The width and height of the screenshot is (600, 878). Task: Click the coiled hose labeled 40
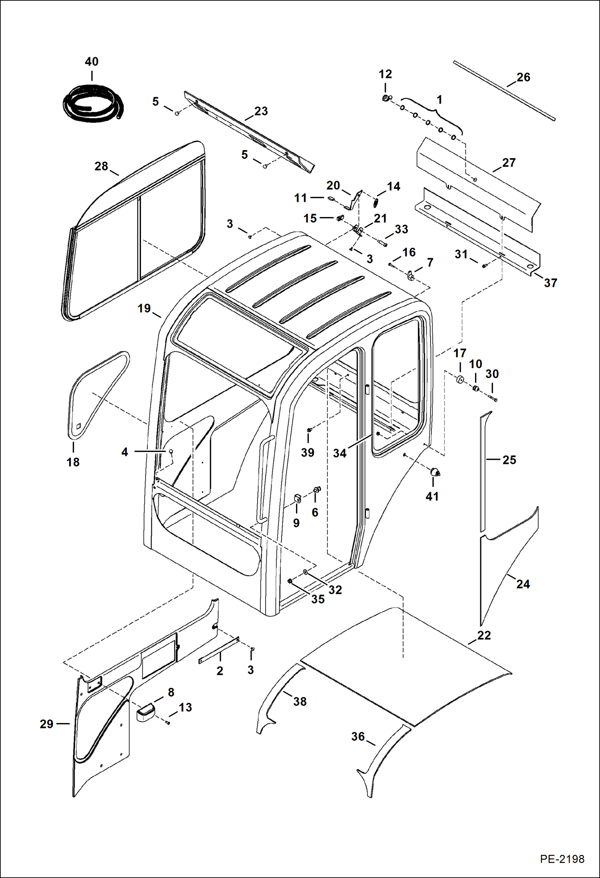click(x=93, y=106)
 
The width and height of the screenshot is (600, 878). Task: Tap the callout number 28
click(x=101, y=166)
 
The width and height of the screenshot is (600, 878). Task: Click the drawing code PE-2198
click(x=562, y=859)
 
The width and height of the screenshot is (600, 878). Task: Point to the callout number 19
click(x=144, y=308)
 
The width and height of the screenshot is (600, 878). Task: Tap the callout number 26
click(x=523, y=77)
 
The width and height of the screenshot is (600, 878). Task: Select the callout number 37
click(x=550, y=283)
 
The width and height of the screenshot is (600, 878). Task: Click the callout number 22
click(x=484, y=635)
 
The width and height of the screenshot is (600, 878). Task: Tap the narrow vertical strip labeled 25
click(x=483, y=472)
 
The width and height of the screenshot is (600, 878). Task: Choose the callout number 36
click(x=358, y=736)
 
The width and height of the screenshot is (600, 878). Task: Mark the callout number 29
click(x=46, y=724)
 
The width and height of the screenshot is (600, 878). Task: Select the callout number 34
click(x=340, y=453)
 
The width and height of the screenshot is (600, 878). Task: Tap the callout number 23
click(x=261, y=111)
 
